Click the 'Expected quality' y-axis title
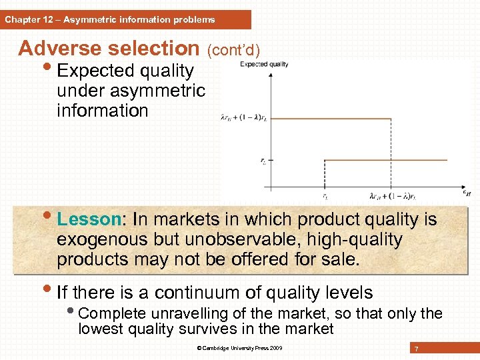(264, 64)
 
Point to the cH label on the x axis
(466, 193)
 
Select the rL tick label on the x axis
(325, 196)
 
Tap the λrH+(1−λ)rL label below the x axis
(392, 197)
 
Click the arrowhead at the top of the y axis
(270, 74)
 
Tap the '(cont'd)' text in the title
(234, 50)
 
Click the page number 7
(416, 349)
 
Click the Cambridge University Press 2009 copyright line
(240, 349)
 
